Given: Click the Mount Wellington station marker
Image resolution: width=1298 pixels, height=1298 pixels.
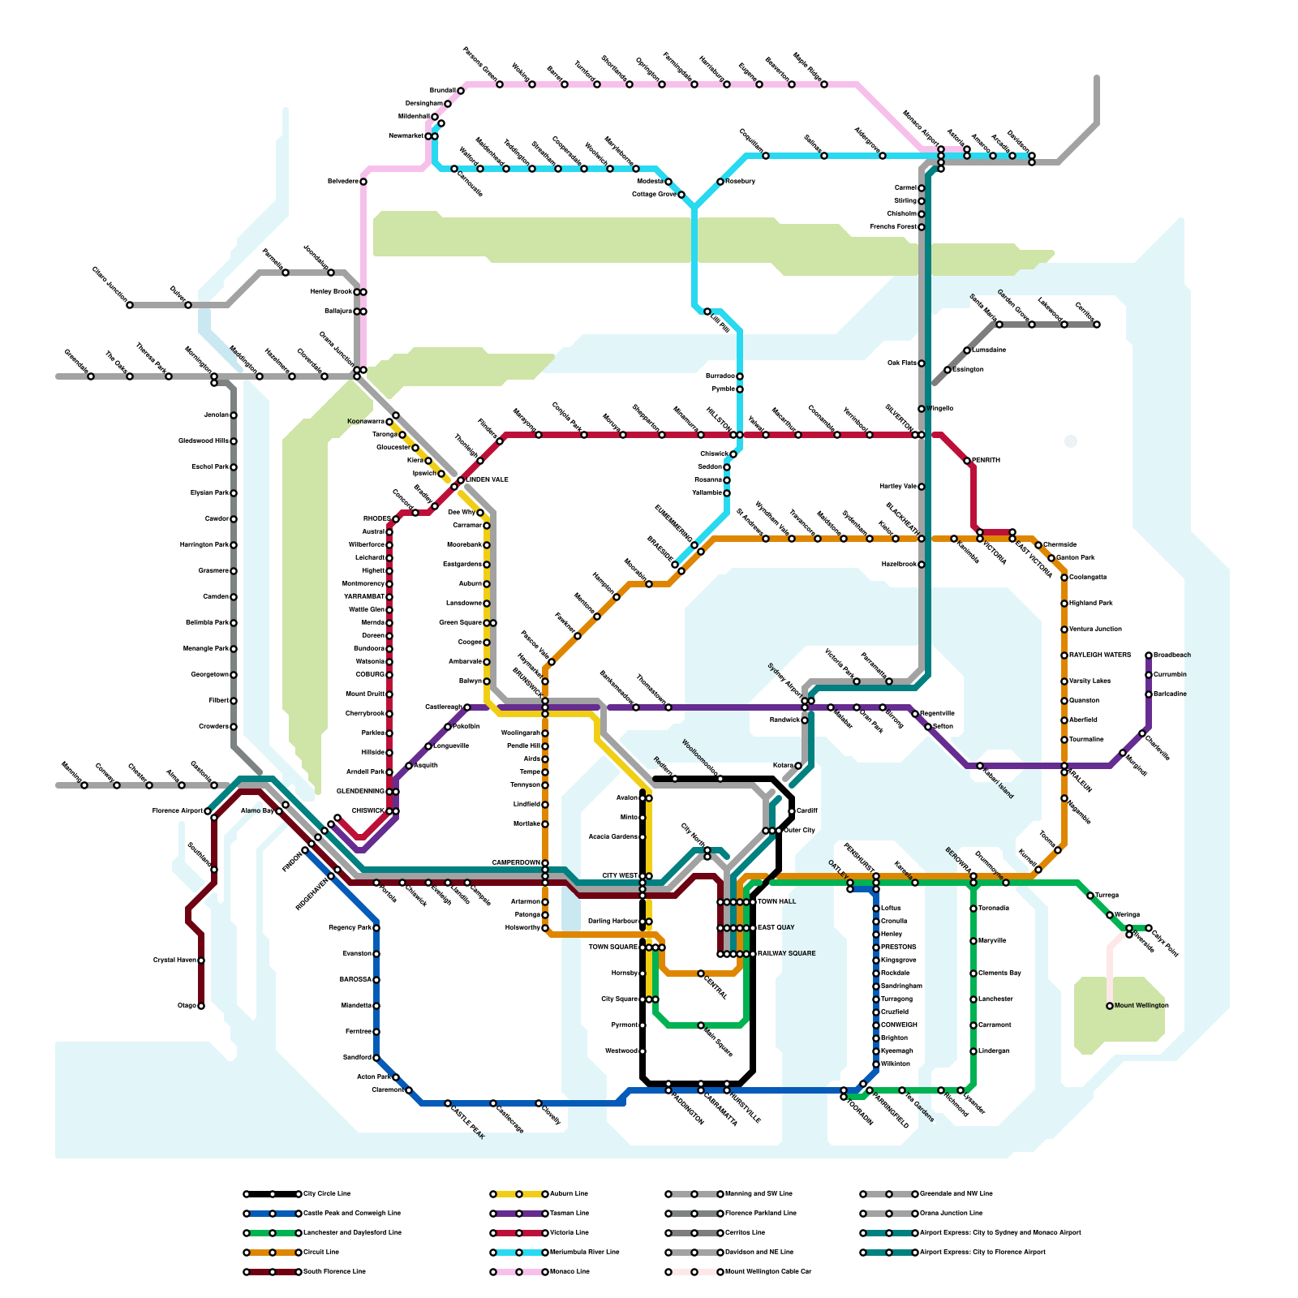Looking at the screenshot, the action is [1110, 1006].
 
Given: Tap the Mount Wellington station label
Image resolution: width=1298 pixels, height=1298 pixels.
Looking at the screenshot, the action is [1141, 1006].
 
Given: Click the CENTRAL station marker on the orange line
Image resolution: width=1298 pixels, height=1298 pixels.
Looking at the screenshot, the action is [701, 973].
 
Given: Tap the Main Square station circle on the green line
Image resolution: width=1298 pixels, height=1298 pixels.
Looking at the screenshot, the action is [701, 1026].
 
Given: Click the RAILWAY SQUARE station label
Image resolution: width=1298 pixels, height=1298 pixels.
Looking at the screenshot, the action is [787, 954].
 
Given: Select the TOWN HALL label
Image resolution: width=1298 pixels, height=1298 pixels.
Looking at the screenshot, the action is [776, 902].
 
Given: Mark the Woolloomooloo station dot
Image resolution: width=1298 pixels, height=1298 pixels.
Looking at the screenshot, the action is [720, 779].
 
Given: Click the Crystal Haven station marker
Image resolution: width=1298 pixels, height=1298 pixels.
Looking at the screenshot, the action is [201, 961].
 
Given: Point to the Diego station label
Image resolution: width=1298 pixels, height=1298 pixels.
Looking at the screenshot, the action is [187, 1006].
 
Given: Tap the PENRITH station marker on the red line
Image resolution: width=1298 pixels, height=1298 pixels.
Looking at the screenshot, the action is [967, 461].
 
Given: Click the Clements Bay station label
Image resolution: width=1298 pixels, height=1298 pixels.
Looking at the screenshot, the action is [999, 973].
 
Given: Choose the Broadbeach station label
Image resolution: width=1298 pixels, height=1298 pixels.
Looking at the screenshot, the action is [1171, 655].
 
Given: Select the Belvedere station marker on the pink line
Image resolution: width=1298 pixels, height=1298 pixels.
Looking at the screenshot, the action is [363, 182].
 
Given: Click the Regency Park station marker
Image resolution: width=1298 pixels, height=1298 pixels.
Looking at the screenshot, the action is [376, 928].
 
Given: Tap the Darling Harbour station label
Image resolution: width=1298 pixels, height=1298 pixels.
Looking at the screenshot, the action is [612, 922].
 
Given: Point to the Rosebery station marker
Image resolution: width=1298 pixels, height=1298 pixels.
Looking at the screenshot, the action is [720, 182].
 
